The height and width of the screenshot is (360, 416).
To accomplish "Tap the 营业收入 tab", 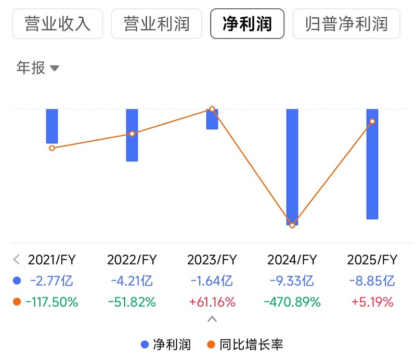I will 57,23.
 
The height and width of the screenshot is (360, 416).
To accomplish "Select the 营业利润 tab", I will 157,23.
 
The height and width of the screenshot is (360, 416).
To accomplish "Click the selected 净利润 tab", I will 247,23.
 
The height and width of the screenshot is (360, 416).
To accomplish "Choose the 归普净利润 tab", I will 346,23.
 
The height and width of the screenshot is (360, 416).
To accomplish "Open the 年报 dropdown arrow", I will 55,68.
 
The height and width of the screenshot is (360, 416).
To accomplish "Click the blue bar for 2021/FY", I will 52,126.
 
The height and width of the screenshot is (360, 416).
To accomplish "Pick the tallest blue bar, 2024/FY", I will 292,166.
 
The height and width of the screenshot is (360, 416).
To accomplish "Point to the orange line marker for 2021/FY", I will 52,148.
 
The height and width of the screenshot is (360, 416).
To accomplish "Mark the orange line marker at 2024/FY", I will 292,225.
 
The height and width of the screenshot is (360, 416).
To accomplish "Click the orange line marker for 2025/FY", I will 372,122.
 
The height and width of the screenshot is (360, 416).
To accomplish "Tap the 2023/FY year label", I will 212,260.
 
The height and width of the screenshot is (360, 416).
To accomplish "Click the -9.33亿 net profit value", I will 292,281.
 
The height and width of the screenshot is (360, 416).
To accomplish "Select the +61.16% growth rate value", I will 212,302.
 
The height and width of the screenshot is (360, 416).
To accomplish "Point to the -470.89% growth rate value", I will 292,302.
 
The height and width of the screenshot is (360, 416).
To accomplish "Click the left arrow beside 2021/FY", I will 16,260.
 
